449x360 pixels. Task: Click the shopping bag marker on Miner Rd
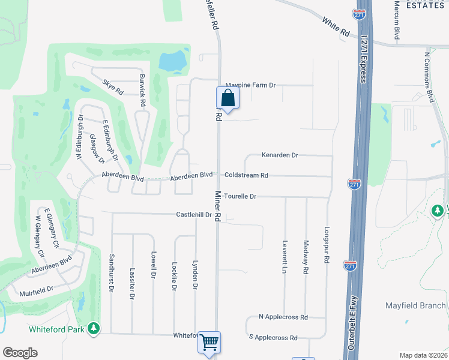(228, 97)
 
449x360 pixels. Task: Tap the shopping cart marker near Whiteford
(209, 342)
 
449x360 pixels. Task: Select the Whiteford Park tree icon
(94, 328)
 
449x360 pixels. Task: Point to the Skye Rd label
(112, 88)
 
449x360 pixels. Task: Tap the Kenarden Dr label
(280, 155)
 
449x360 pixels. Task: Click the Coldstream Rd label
(246, 176)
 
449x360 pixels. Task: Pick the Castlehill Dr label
(194, 214)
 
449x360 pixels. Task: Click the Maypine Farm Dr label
(250, 85)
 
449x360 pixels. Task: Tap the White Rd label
(336, 28)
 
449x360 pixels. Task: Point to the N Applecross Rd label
(283, 317)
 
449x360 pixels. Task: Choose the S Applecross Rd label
(274, 338)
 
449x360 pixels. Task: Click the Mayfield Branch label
(415, 305)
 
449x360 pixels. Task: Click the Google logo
(20, 353)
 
